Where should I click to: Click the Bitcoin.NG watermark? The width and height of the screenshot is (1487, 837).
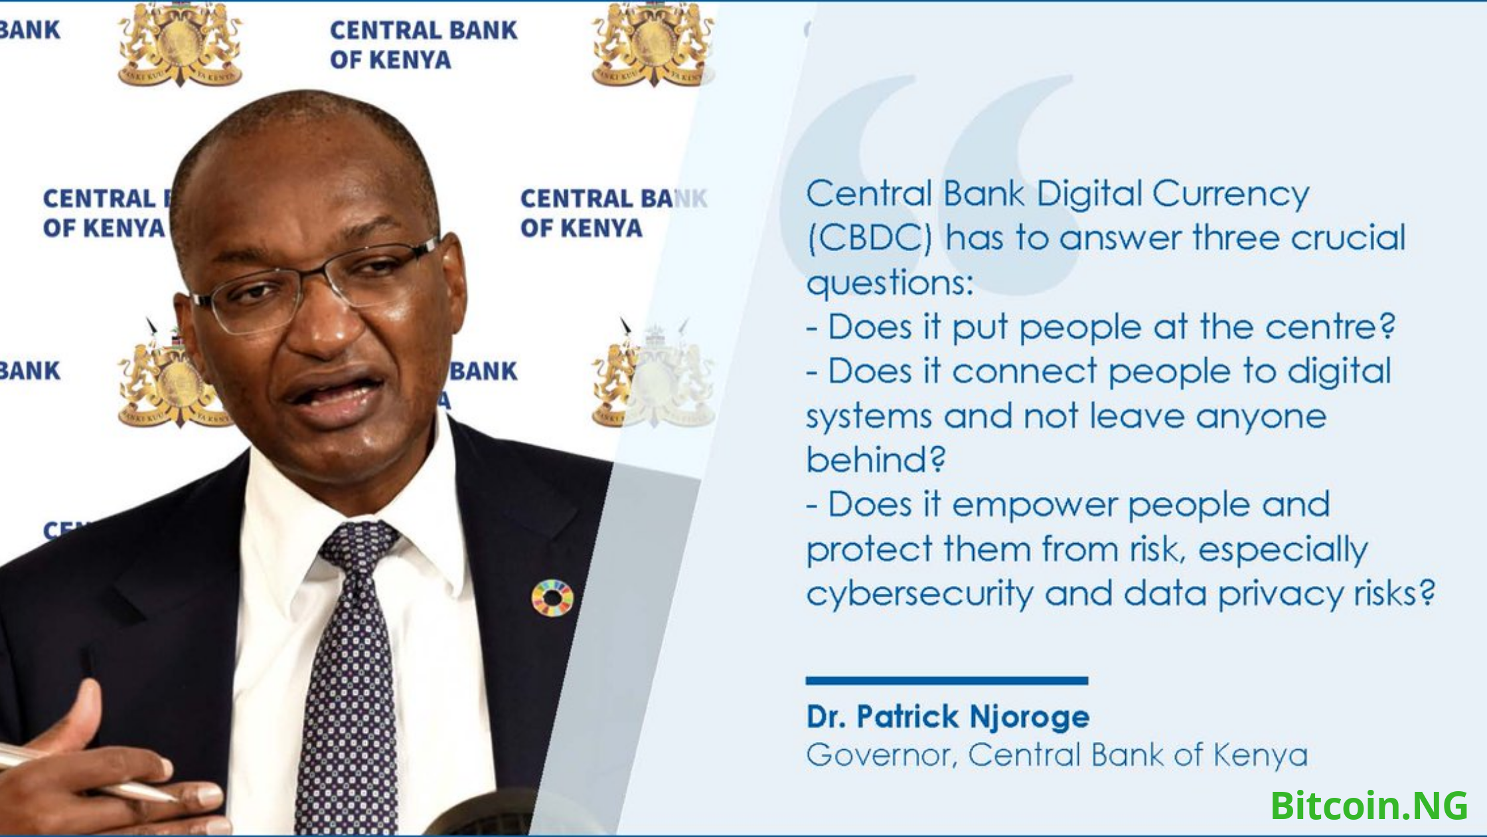1369,805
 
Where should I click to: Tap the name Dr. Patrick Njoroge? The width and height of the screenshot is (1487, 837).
947,717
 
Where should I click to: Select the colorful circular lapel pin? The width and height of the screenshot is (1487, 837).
552,598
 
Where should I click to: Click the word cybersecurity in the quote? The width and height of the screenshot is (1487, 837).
919,593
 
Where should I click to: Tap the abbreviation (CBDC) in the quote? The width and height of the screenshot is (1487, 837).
870,238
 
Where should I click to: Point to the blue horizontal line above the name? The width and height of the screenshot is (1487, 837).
947,680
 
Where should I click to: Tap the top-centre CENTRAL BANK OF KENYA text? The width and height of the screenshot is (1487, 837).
424,45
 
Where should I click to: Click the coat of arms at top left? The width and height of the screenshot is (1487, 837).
179,45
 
